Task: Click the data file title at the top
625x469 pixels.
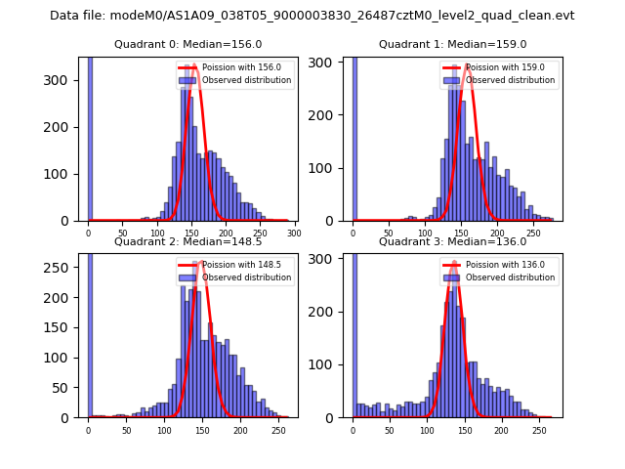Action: (x=312, y=16)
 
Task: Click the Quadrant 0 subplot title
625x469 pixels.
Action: (x=187, y=44)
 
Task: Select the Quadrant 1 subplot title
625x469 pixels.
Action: (x=452, y=44)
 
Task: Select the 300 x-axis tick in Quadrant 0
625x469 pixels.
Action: (x=293, y=233)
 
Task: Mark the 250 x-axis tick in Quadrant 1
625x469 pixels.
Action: (x=533, y=234)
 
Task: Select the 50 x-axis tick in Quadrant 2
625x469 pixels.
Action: (x=126, y=430)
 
